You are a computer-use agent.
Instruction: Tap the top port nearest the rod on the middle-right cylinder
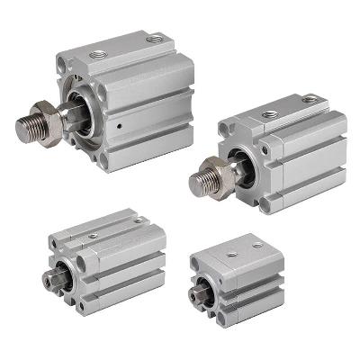tap(269, 114)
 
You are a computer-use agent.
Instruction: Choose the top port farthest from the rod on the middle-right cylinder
tap(310, 98)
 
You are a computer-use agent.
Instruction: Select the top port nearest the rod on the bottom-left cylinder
tap(93, 236)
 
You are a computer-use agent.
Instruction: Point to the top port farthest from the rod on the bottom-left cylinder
tap(137, 220)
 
